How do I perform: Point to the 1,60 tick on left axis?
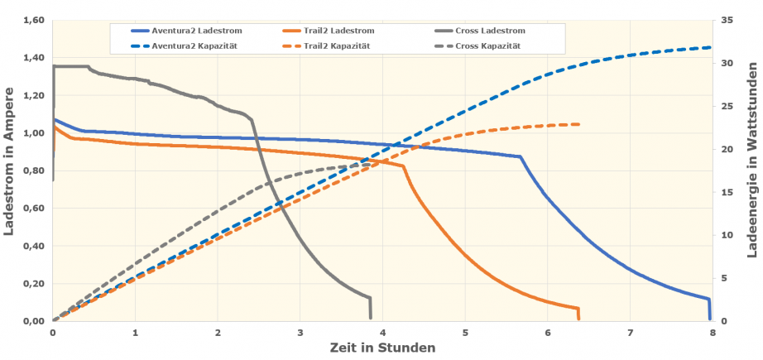(31, 21)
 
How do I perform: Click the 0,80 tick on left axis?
(31, 171)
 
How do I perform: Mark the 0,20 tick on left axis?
(31, 284)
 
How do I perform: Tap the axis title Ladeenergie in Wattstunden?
(751, 171)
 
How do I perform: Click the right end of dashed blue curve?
(711, 47)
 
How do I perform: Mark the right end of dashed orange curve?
(579, 124)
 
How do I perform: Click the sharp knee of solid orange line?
(403, 166)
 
